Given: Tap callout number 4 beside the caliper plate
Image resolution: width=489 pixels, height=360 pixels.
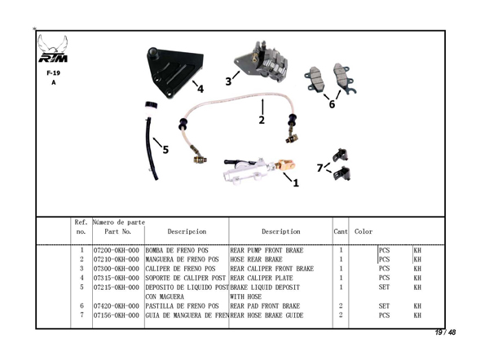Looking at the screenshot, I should (x=200, y=90).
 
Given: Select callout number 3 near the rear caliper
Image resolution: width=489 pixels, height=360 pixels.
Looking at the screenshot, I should (x=228, y=81).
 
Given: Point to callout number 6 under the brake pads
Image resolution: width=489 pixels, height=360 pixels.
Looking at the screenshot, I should (x=332, y=104).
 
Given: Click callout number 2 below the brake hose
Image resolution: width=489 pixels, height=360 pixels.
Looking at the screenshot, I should (x=262, y=121).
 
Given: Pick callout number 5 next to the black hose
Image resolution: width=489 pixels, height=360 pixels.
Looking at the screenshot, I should (x=165, y=150).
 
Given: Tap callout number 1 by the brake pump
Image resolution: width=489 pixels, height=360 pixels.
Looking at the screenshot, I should (x=296, y=183).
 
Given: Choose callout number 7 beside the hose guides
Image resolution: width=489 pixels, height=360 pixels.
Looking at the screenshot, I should (x=319, y=168).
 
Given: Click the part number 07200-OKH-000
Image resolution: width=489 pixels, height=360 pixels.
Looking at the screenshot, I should (x=117, y=250).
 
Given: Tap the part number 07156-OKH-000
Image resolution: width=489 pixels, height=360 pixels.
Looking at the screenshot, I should (x=117, y=315).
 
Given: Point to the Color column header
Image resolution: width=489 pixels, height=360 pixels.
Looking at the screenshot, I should (x=363, y=232).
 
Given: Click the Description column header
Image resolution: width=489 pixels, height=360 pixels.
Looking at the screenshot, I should (x=281, y=232).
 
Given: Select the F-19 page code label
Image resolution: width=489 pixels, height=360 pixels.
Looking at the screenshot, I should (x=53, y=72).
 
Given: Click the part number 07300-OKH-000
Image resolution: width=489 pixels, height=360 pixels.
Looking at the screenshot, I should (x=117, y=269).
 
